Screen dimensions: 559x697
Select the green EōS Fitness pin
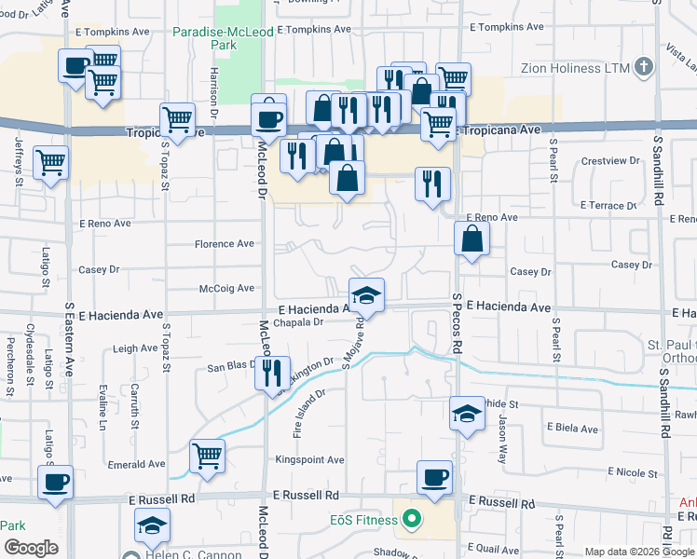tap(409, 519)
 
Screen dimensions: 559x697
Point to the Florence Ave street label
tap(224, 244)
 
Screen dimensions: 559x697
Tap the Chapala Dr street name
tap(299, 322)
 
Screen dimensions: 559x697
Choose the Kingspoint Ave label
tap(309, 460)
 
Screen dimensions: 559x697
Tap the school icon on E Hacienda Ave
tap(367, 296)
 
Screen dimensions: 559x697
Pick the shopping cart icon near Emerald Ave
tap(207, 456)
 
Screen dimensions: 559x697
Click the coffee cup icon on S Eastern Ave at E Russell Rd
tap(55, 483)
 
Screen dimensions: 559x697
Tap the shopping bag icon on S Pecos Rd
tap(472, 239)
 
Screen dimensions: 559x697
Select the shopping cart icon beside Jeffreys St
tap(51, 163)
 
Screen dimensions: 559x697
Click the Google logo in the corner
tap(31, 548)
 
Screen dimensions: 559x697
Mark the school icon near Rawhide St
tap(467, 414)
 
